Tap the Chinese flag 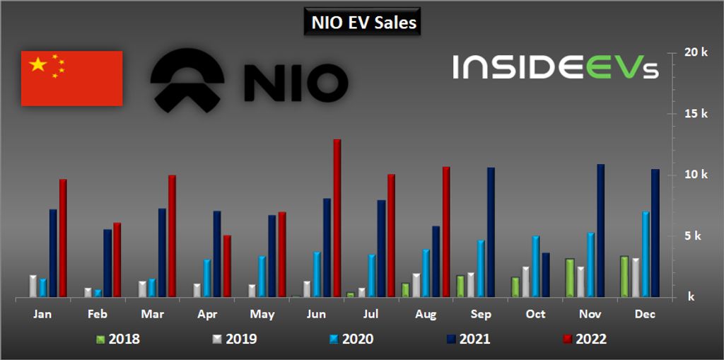coord(71,79)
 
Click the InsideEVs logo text coord(556,67)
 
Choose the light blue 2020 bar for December coord(646,254)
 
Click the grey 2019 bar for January coord(33,286)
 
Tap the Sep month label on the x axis coord(481,313)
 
